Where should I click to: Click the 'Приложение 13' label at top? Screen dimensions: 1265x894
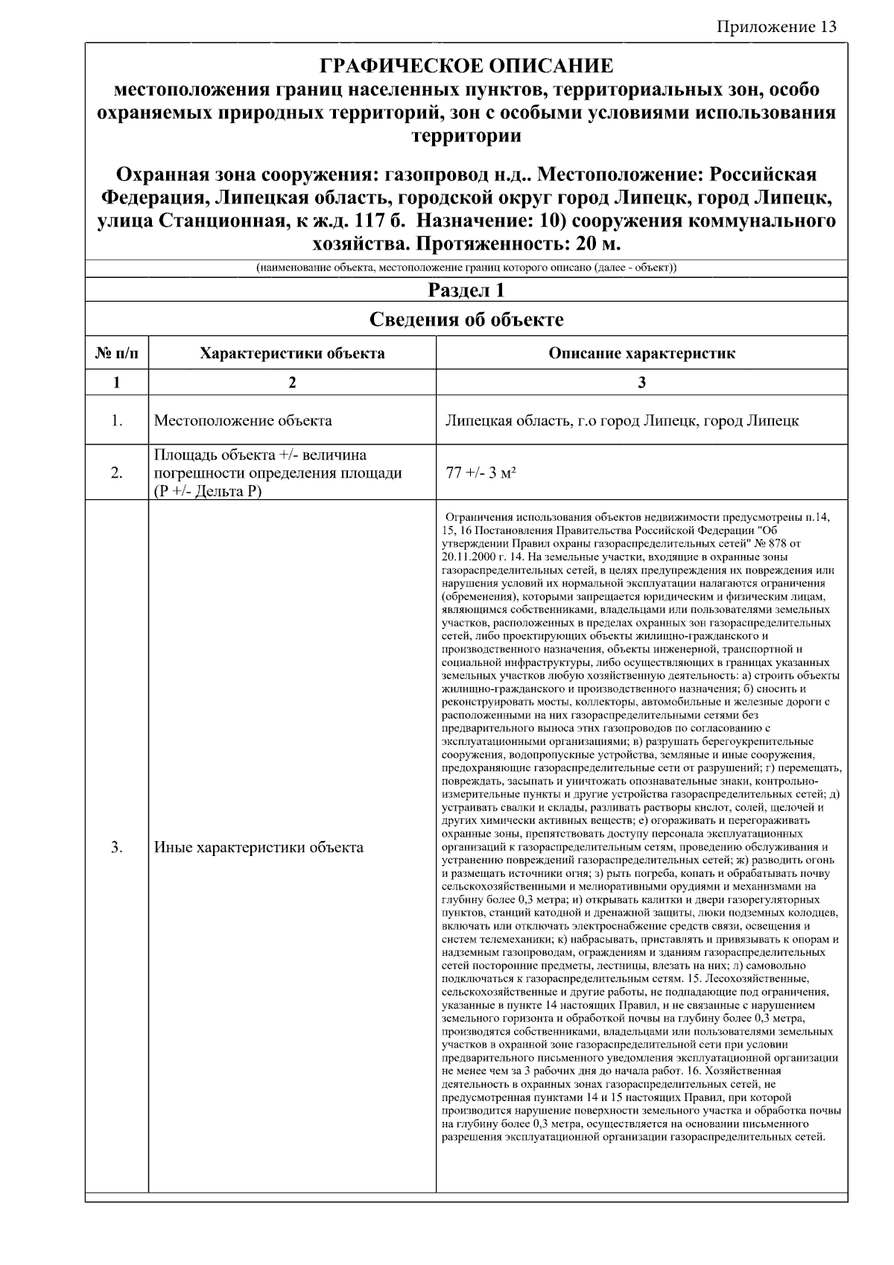[x=777, y=28]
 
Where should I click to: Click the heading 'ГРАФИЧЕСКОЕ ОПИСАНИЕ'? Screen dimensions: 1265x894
[x=466, y=66]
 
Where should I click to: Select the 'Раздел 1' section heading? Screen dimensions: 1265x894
[x=466, y=290]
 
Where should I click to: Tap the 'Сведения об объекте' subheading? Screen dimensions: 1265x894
[x=466, y=320]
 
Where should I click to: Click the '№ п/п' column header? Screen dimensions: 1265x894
[x=117, y=353]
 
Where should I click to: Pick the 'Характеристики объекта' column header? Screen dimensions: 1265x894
[x=292, y=353]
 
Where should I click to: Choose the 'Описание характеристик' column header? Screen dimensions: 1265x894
[x=641, y=353]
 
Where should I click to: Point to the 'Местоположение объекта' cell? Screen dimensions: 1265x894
[x=243, y=420]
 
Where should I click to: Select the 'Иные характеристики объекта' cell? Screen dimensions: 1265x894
[x=259, y=847]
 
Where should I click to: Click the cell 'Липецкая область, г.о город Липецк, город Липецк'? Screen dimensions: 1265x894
[x=622, y=420]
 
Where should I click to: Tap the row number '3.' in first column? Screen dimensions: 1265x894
[x=117, y=847]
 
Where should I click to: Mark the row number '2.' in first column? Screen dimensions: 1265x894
[x=117, y=472]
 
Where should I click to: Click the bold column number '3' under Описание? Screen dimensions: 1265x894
[x=641, y=383]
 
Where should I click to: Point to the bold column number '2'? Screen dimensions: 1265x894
[x=292, y=383]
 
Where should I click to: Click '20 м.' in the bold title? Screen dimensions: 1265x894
[x=596, y=244]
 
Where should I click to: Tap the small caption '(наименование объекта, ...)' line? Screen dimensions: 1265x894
[x=466, y=267]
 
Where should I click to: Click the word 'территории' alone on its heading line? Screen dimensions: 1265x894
[x=466, y=136]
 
